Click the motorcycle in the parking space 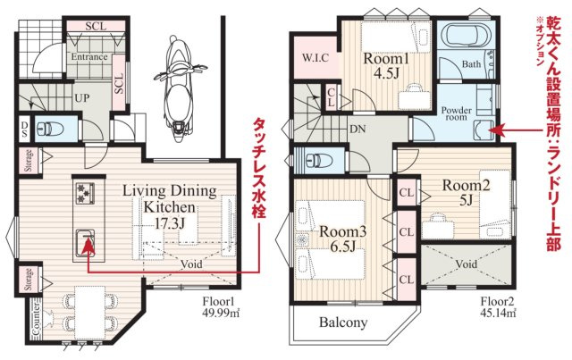[x=180, y=88]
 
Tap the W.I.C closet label [x=315, y=58]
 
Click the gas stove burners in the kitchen [x=85, y=193]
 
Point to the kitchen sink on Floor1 [x=85, y=243]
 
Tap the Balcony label [x=343, y=322]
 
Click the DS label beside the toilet [x=24, y=130]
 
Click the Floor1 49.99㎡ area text [x=221, y=306]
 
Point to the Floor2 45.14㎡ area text [x=498, y=306]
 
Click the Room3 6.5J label [x=343, y=239]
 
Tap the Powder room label [x=457, y=113]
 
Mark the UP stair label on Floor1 [x=81, y=98]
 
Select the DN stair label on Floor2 [x=357, y=129]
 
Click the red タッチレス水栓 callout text [x=258, y=168]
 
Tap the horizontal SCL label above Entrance [x=96, y=26]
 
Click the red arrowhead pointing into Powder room [x=497, y=130]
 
